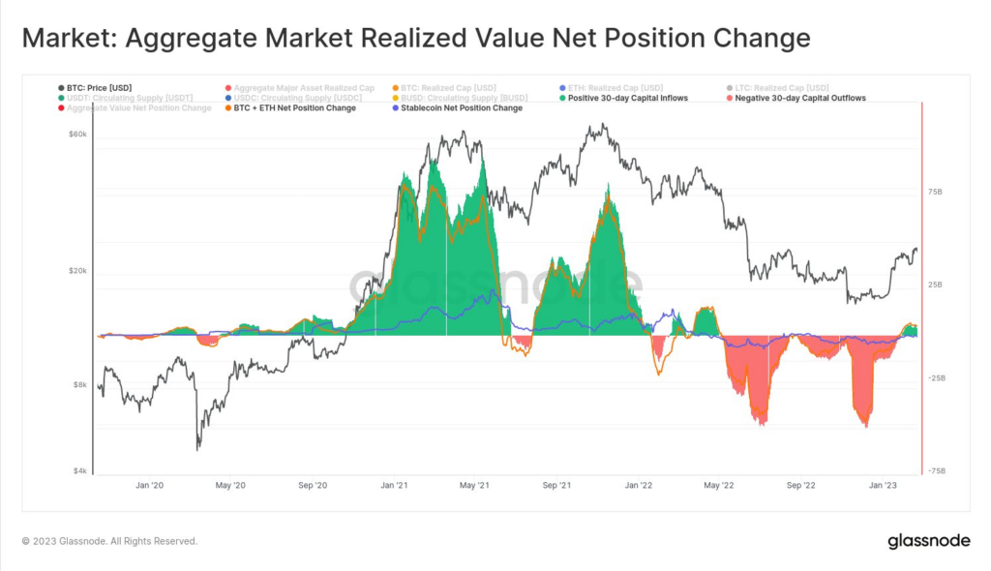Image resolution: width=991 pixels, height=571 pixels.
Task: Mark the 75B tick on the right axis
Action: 935,192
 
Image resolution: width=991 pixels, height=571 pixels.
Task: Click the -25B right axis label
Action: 936,378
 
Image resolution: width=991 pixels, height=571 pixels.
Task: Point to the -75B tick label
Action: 936,471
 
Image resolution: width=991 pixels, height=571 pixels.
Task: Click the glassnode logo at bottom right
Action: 928,542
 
